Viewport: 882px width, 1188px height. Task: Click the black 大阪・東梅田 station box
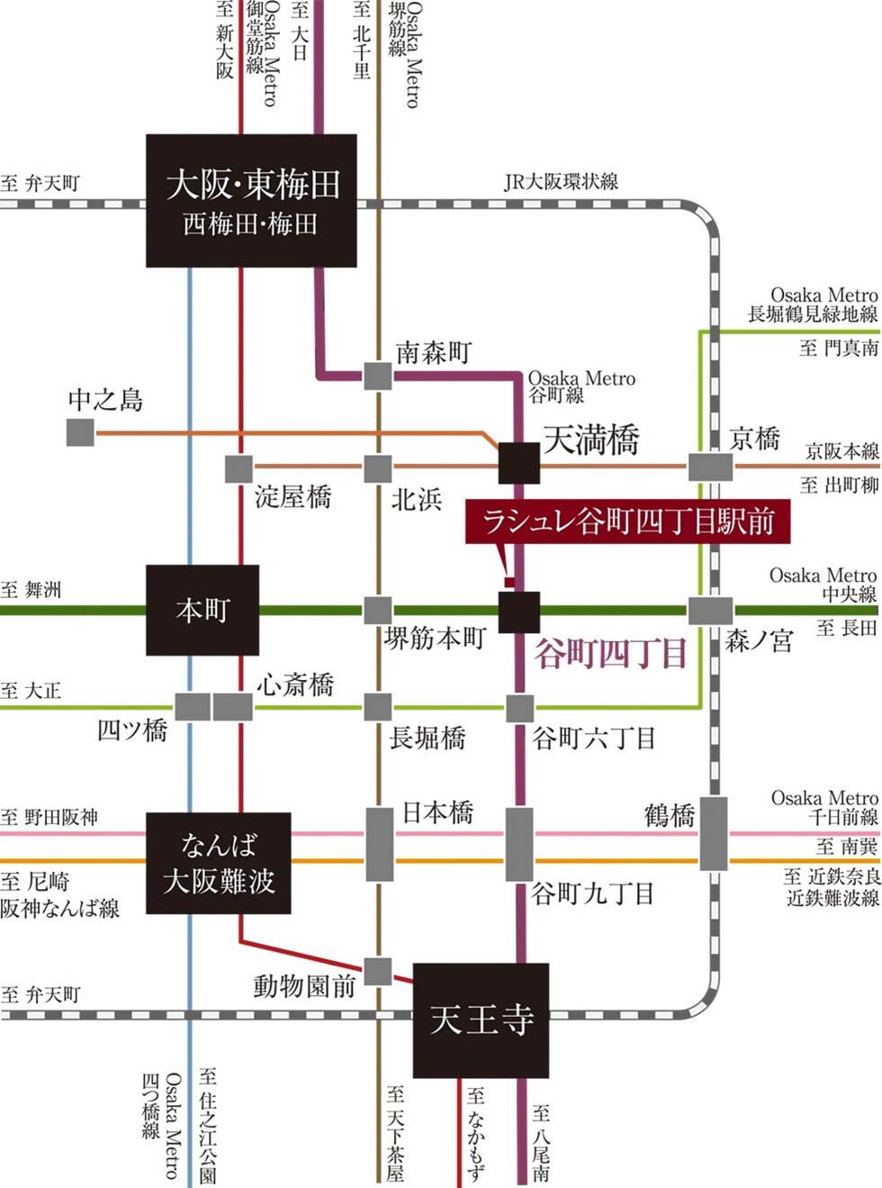tap(251, 200)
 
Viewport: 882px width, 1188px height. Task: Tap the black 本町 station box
tap(202, 610)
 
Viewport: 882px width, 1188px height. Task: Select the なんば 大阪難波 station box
tap(219, 863)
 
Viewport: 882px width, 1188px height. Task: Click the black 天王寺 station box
tap(481, 1020)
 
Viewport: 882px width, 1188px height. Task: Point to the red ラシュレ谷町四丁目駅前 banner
tap(627, 521)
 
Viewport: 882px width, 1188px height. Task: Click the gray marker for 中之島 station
tap(80, 432)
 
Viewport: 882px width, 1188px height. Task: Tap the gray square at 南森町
tap(377, 375)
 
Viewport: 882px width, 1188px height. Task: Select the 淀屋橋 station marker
tap(238, 468)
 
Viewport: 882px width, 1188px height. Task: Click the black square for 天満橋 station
tap(519, 463)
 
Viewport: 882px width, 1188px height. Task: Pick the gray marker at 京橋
tap(710, 467)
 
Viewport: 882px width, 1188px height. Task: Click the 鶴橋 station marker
tap(714, 833)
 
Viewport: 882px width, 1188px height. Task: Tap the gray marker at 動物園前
tap(377, 972)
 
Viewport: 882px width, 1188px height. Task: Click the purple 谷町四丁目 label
tap(611, 653)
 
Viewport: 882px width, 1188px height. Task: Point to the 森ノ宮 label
tap(759, 640)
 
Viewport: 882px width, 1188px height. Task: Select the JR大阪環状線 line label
tap(561, 182)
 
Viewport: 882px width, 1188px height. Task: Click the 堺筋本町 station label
tap(435, 639)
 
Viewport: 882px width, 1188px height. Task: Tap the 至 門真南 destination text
tap(839, 348)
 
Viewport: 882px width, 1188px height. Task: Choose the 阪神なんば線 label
tap(60, 908)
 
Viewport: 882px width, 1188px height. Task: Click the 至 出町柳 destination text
tap(839, 485)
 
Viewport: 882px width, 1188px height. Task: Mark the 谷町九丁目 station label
tap(592, 893)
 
